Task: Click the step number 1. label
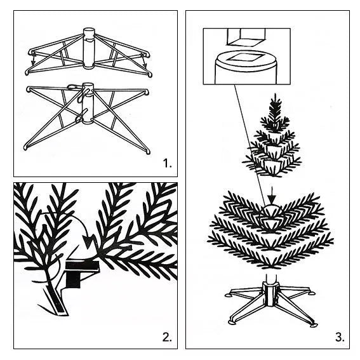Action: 166,164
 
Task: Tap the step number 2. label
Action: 166,337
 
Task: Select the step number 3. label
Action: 340,337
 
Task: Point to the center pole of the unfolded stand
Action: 88,105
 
